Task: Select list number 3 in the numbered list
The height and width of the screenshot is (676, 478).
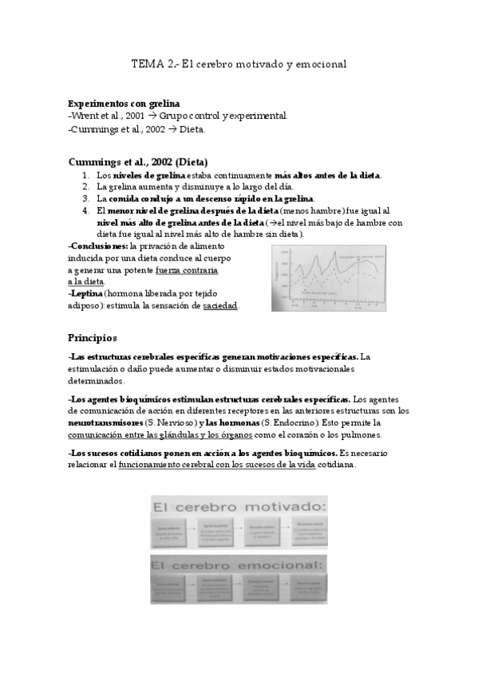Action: click(x=86, y=198)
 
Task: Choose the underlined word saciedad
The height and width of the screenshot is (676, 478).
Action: click(x=220, y=305)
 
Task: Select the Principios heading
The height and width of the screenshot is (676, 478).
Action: click(x=93, y=337)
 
